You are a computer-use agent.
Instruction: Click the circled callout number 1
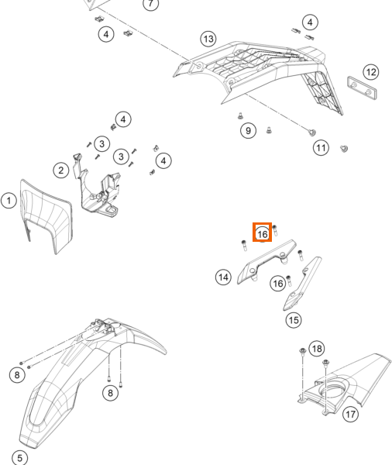pyautogui.click(x=9, y=201)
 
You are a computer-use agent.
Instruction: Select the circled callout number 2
pyautogui.click(x=61, y=170)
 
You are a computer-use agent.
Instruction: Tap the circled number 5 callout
pyautogui.click(x=19, y=457)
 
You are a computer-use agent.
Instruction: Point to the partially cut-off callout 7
pyautogui.click(x=150, y=4)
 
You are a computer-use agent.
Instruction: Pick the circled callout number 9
pyautogui.click(x=248, y=130)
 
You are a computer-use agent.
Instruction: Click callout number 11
pyautogui.click(x=321, y=147)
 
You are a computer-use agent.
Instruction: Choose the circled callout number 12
pyautogui.click(x=371, y=72)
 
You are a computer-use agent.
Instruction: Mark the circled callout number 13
pyautogui.click(x=208, y=39)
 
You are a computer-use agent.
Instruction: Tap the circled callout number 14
pyautogui.click(x=223, y=277)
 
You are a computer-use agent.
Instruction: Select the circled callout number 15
pyautogui.click(x=294, y=320)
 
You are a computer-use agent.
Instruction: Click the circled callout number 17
pyautogui.click(x=350, y=414)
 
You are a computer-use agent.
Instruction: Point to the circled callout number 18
pyautogui.click(x=317, y=349)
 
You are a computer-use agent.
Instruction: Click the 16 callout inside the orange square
pyautogui.click(x=262, y=234)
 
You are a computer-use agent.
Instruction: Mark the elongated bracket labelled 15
pyautogui.click(x=302, y=283)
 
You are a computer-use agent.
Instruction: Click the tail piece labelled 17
pyautogui.click(x=344, y=385)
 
